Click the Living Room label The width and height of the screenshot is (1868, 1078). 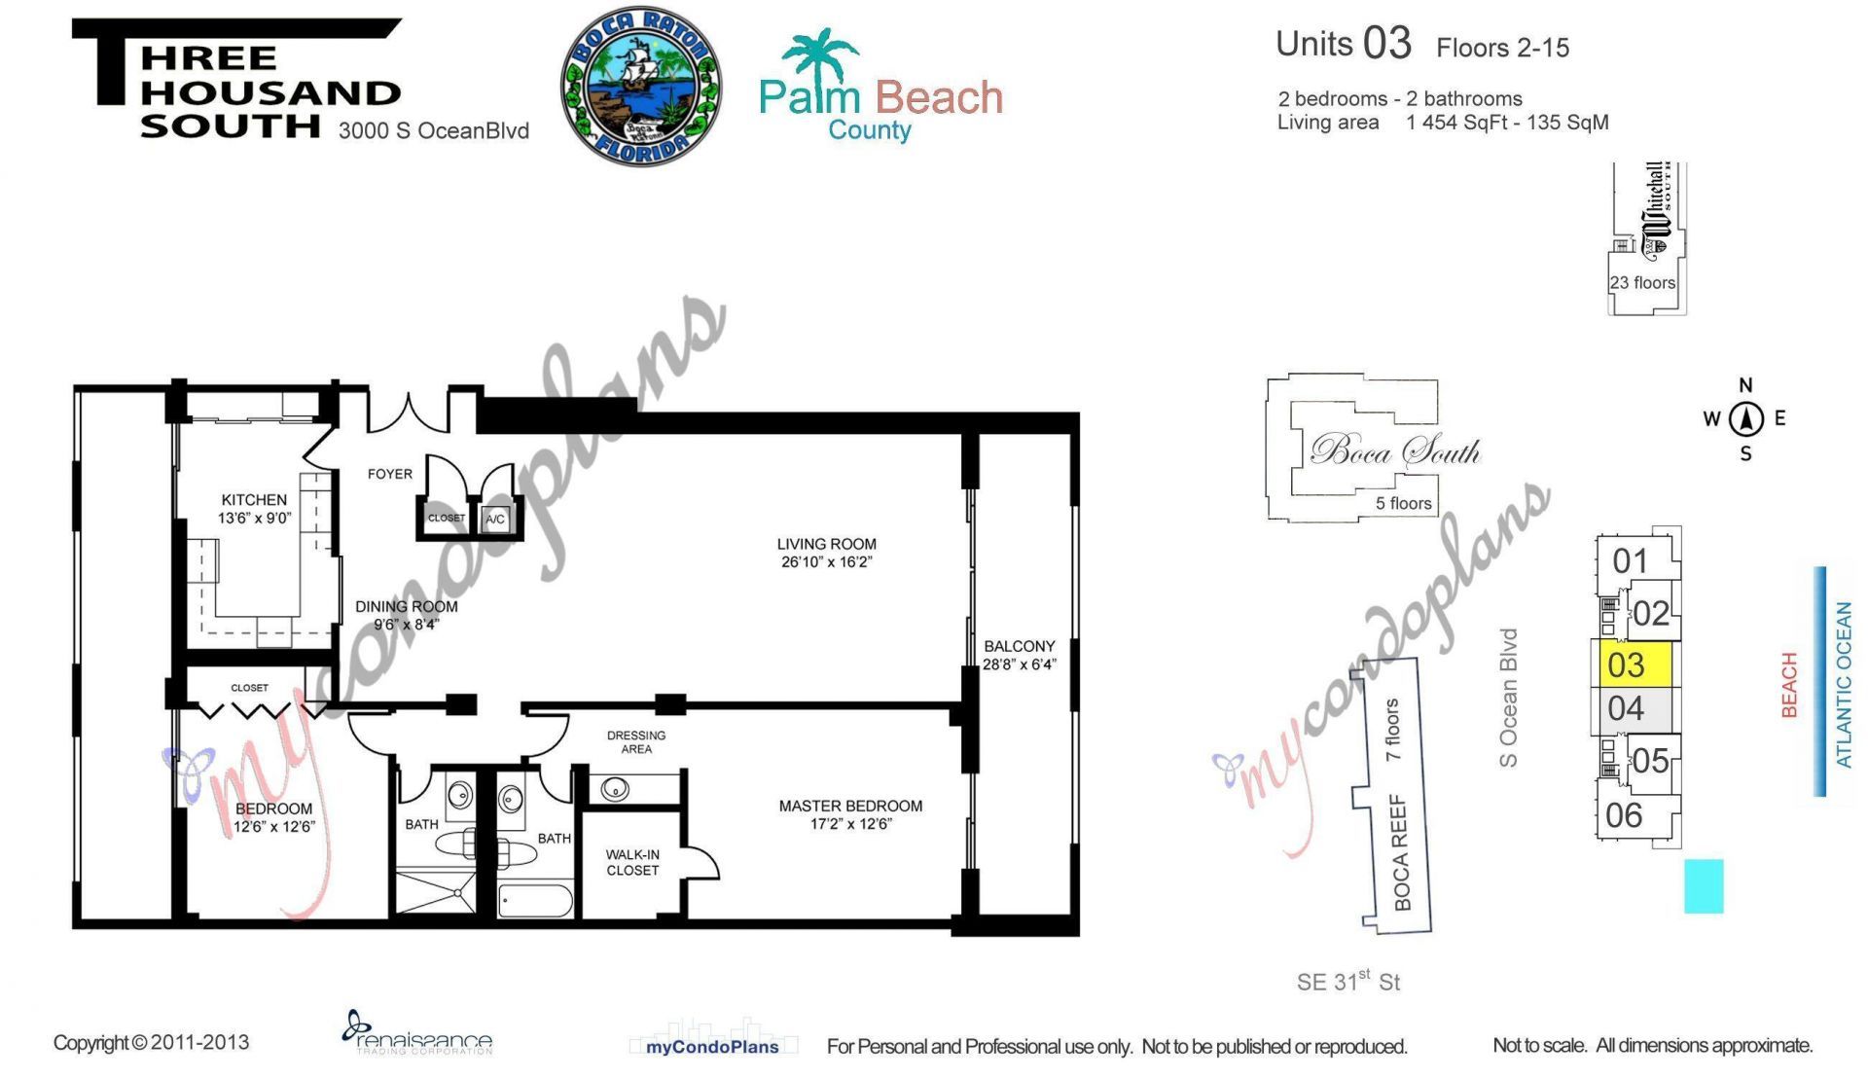[826, 544]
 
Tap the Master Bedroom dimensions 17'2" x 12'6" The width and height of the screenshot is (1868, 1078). [850, 824]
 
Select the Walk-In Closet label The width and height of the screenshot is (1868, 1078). [632, 862]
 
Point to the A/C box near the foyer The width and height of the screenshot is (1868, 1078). [495, 519]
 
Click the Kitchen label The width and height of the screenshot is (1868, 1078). [254, 499]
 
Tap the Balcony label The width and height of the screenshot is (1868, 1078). [1019, 646]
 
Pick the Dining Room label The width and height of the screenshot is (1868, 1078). [406, 606]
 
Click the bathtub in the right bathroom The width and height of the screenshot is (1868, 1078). [535, 901]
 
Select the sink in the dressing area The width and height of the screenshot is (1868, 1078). [615, 788]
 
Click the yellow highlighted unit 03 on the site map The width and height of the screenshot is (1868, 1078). [1634, 665]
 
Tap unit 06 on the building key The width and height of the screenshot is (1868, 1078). [1624, 815]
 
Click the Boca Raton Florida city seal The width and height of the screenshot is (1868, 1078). [640, 87]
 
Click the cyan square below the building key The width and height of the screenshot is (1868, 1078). [1704, 885]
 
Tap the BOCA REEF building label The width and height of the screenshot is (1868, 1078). [1401, 852]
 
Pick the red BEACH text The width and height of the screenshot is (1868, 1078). [1788, 685]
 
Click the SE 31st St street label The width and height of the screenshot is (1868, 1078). [1347, 982]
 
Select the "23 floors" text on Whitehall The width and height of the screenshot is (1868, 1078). [1642, 283]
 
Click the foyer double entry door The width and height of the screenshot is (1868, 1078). [408, 413]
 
